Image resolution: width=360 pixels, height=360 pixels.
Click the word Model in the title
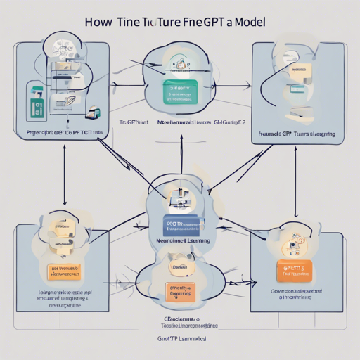(247, 22)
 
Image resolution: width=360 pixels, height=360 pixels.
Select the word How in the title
(99, 22)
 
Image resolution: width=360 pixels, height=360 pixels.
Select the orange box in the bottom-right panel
(293, 271)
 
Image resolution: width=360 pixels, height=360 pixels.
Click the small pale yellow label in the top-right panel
(300, 70)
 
